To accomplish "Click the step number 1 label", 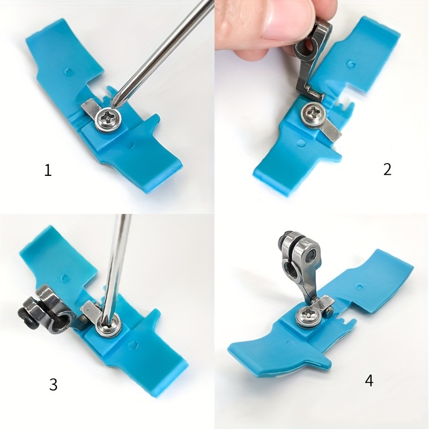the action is pyautogui.click(x=48, y=170).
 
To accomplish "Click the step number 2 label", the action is pyautogui.click(x=387, y=169).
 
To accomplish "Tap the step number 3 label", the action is pyautogui.click(x=53, y=384).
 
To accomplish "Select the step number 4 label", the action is pyautogui.click(x=369, y=380).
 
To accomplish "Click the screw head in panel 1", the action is pyautogui.click(x=109, y=120).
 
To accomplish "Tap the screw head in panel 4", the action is pyautogui.click(x=309, y=317).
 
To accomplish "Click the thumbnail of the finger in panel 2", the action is pyautogui.click(x=282, y=20).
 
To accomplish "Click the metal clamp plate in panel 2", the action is pyautogui.click(x=331, y=130).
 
